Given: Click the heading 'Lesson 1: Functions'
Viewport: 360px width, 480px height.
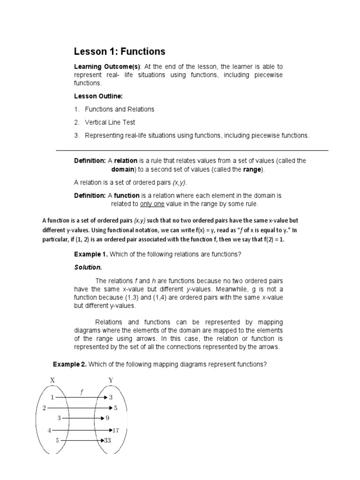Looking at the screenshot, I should [120, 52].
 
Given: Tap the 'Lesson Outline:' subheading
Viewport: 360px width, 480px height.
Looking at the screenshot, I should [98, 96].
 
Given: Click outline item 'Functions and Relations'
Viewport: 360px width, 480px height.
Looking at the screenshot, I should [120, 109].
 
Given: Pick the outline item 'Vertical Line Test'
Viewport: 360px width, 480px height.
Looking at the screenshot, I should [110, 122].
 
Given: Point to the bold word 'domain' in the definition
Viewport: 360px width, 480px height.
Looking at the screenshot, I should [123, 169].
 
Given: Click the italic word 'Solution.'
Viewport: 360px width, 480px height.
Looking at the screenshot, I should [88, 267].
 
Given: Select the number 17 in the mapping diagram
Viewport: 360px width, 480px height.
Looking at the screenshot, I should [117, 429].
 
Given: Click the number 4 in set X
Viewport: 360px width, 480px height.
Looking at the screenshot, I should [49, 429].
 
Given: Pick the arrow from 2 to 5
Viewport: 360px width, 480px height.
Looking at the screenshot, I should [77, 408].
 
